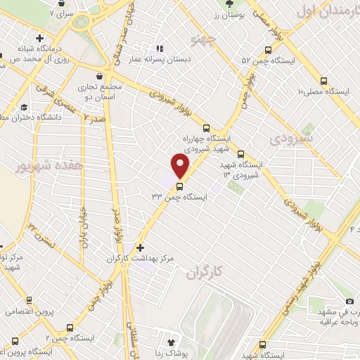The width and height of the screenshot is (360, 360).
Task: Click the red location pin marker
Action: (181, 166)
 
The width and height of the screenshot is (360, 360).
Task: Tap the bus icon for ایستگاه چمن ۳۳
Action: (180, 187)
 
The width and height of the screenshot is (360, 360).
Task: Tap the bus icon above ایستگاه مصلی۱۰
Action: (323, 80)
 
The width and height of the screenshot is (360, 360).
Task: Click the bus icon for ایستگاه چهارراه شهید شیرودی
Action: (206, 128)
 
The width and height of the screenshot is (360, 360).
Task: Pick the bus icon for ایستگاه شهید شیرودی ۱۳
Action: (241, 155)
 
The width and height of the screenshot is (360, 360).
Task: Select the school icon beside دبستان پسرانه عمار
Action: (160, 49)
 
